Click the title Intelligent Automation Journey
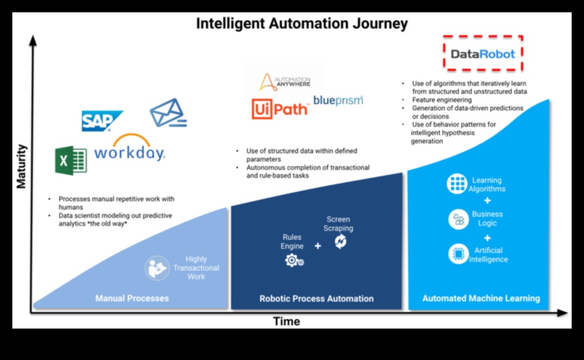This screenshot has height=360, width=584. pyautogui.click(x=302, y=24)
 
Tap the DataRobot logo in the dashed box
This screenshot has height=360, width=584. pyautogui.click(x=483, y=54)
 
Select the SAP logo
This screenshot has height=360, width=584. pyautogui.click(x=102, y=121)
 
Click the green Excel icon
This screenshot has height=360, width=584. pyautogui.click(x=70, y=159)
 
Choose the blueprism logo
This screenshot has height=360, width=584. pyautogui.click(x=338, y=100)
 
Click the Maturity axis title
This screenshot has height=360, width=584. pyautogui.click(x=22, y=166)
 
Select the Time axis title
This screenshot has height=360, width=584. pyautogui.click(x=287, y=321)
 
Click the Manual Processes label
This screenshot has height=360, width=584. pyautogui.click(x=132, y=298)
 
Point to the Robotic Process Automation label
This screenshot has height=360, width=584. pyautogui.click(x=316, y=298)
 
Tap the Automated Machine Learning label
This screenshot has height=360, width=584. pyautogui.click(x=481, y=298)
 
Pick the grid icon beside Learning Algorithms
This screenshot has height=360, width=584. pyautogui.click(x=457, y=184)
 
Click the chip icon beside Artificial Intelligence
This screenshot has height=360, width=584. pyautogui.click(x=457, y=254)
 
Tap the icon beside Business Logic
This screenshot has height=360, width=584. pyautogui.click(x=457, y=219)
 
